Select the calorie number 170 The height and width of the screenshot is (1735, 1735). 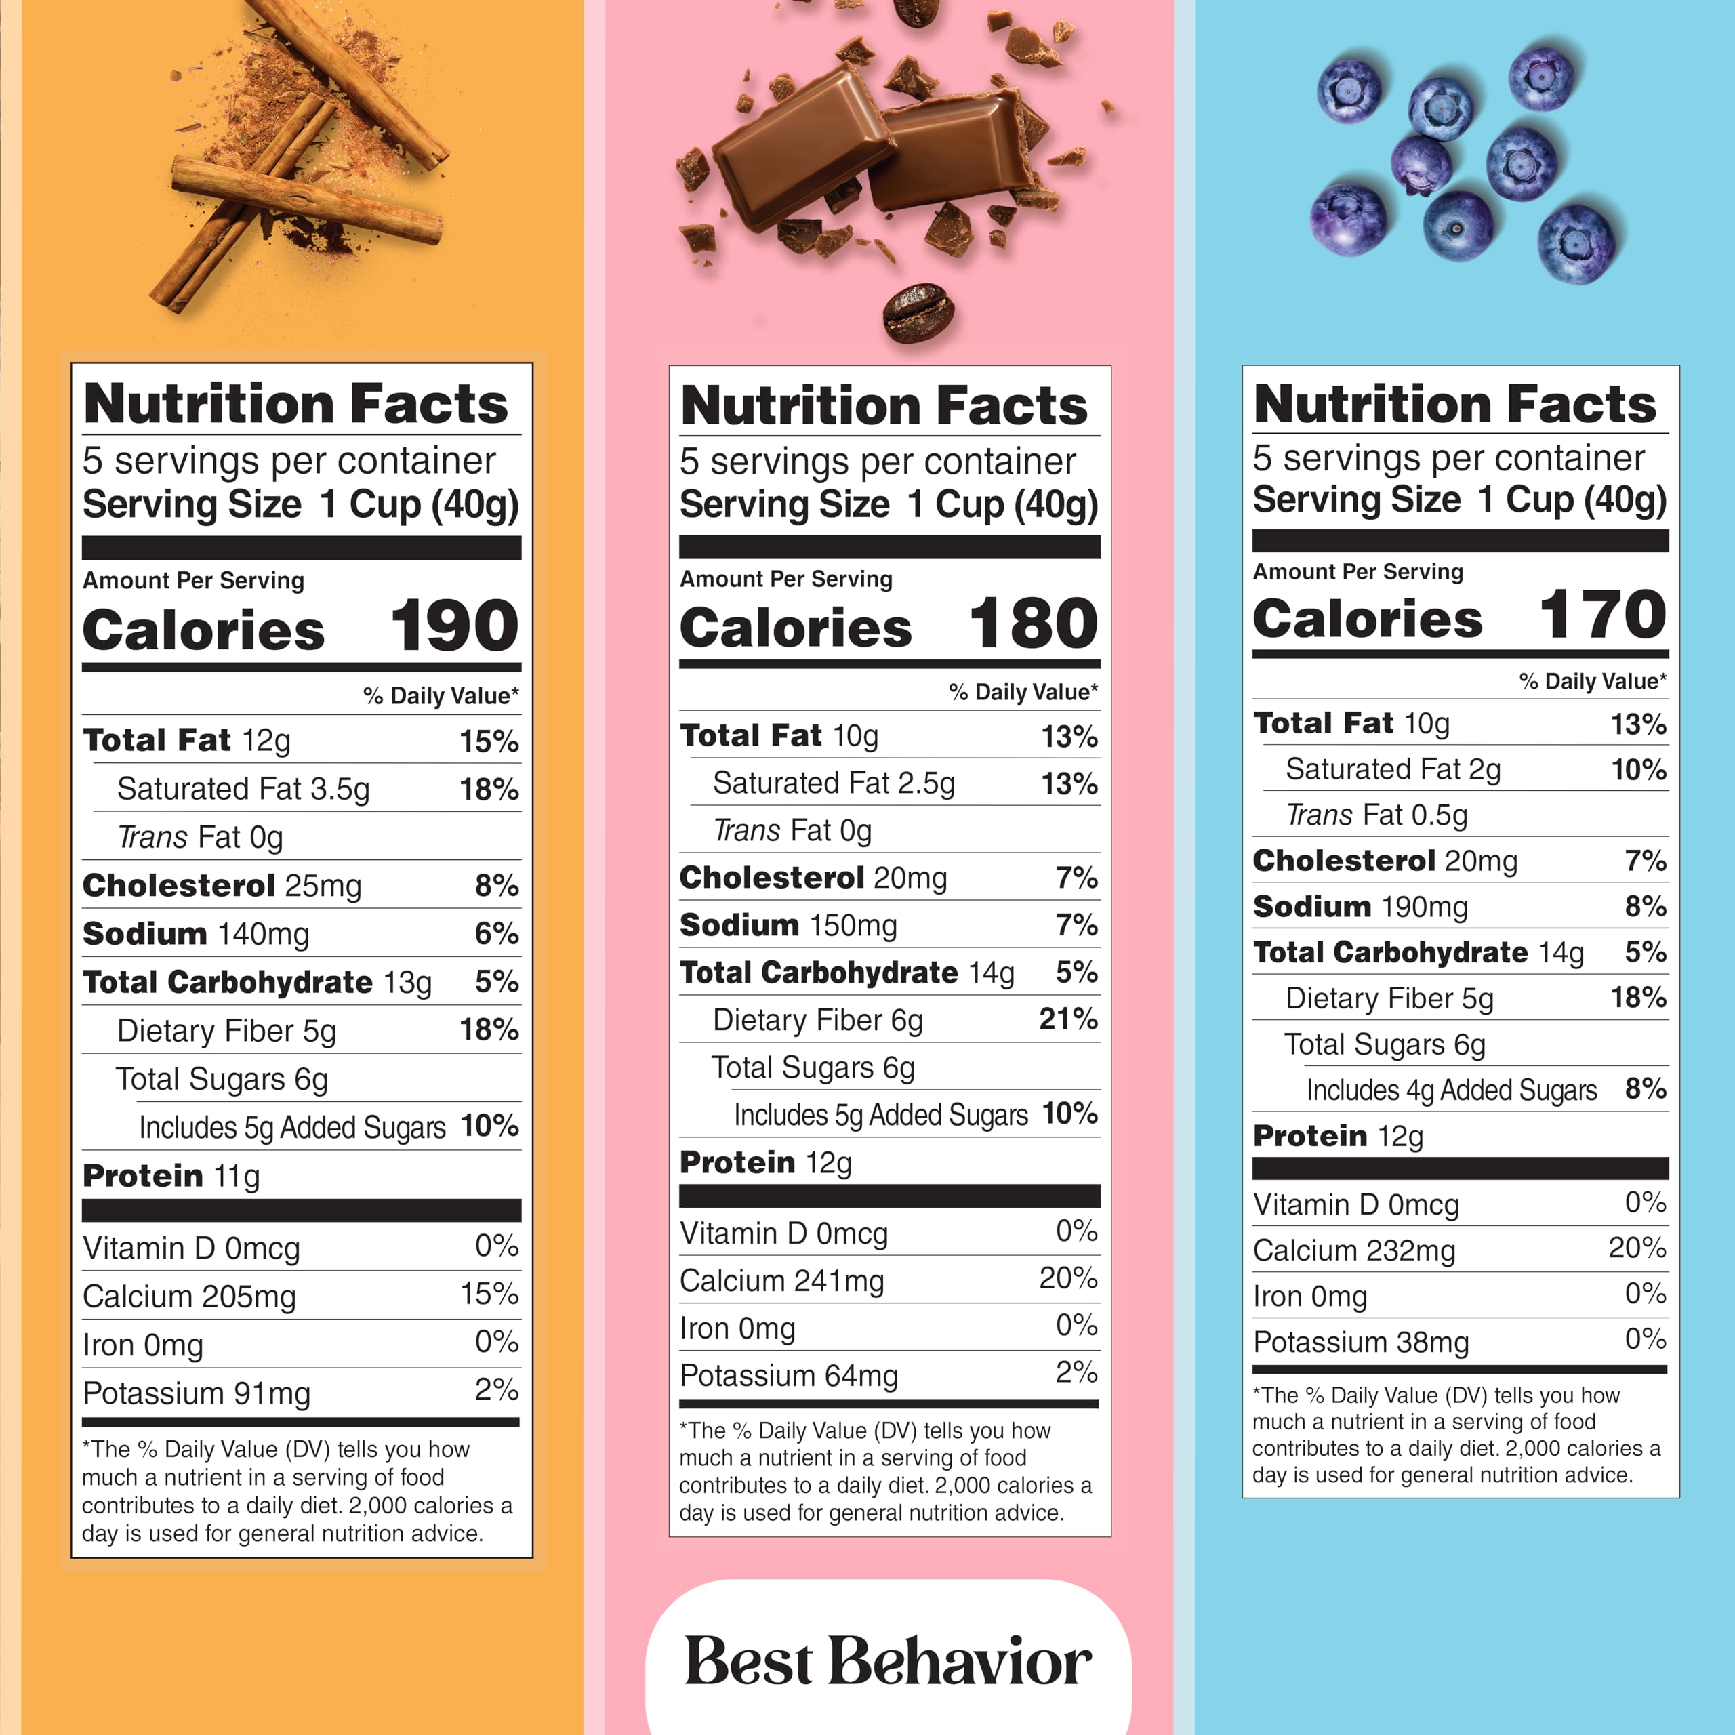pos(1603,615)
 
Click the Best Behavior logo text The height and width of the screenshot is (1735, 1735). pos(888,1662)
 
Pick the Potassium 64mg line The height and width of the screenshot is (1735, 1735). pos(788,1375)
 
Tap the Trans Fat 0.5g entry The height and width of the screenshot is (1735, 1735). pos(1376,815)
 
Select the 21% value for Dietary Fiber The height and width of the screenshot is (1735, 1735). pos(1067,1019)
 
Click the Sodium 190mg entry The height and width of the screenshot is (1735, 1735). pos(1360,906)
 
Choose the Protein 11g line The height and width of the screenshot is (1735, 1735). pos(171,1175)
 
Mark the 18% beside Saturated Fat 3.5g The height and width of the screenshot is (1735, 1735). pos(489,790)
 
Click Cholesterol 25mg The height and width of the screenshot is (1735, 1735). pos(221,886)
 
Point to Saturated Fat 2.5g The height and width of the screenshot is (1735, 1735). pos(834,783)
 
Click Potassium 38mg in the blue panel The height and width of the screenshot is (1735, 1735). pos(1360,1342)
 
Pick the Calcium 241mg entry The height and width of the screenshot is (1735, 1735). pos(781,1281)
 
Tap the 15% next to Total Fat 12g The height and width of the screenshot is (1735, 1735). pos(489,741)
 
